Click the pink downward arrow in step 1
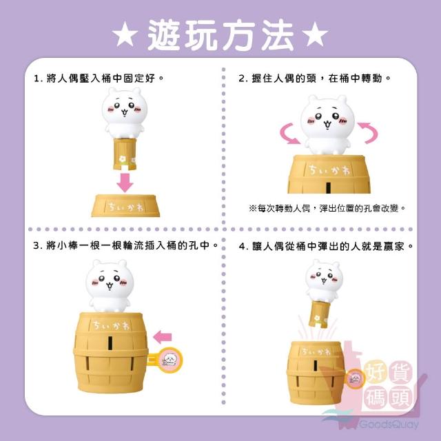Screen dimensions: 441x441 pyautogui.click(x=125, y=183)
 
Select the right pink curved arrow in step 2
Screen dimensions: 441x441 pyautogui.click(x=369, y=133)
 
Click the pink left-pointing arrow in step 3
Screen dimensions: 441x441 pyautogui.click(x=163, y=337)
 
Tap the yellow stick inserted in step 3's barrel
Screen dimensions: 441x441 pyautogui.click(x=165, y=360)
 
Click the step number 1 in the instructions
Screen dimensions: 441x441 pyautogui.click(x=37, y=79)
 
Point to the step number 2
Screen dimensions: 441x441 pyautogui.click(x=242, y=79)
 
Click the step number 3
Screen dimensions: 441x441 pyautogui.click(x=37, y=246)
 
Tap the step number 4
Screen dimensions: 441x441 pyautogui.click(x=242, y=247)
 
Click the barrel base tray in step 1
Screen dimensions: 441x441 pyautogui.click(x=125, y=206)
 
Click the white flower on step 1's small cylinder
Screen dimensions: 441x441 pyautogui.click(x=122, y=159)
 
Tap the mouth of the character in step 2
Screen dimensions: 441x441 pyautogui.click(x=327, y=124)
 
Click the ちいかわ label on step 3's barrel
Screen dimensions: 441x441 pyautogui.click(x=111, y=326)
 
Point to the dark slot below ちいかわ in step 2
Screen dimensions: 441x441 pyautogui.click(x=328, y=187)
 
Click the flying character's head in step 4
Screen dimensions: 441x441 pyautogui.click(x=324, y=276)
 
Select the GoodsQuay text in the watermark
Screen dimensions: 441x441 pyautogui.click(x=389, y=424)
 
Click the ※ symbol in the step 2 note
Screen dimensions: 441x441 pyautogui.click(x=253, y=208)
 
